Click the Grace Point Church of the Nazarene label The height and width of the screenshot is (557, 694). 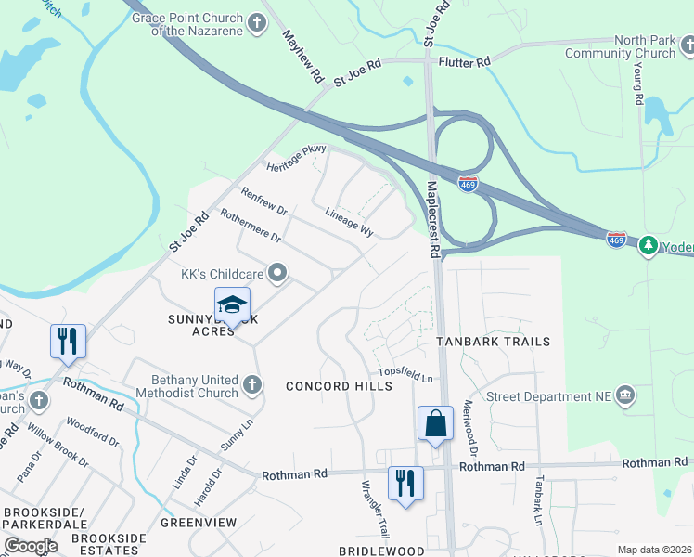coord(186,25)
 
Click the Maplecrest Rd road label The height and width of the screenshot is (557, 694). coord(432,219)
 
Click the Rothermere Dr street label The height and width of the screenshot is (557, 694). coord(250,226)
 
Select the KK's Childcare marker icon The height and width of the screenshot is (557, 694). coord(277,273)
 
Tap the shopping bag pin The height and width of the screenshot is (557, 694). coord(435,423)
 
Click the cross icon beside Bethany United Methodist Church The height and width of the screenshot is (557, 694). coord(251,383)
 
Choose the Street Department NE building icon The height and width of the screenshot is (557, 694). coord(624,394)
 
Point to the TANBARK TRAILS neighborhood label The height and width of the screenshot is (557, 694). coord(494,342)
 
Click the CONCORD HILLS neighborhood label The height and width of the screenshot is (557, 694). coord(332,386)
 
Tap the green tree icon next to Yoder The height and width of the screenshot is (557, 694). coord(649,246)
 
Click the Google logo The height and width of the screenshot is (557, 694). coord(32,546)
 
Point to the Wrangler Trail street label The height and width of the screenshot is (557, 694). coord(375,509)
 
